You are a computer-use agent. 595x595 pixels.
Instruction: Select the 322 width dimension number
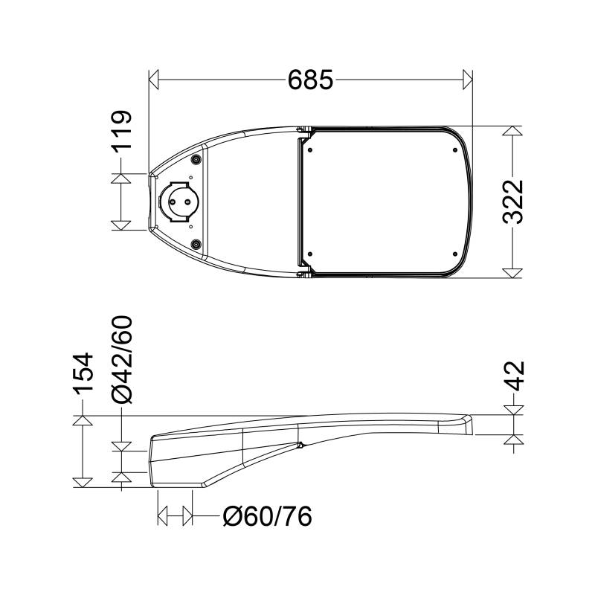[x=514, y=202]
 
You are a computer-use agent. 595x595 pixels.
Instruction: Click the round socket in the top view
[x=178, y=202]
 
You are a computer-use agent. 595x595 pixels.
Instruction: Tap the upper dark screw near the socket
[x=196, y=159]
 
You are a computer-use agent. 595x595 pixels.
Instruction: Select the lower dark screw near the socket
[x=196, y=245]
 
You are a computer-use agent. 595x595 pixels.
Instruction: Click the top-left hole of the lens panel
[x=310, y=148]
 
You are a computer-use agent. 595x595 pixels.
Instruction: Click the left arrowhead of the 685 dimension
[x=154, y=77]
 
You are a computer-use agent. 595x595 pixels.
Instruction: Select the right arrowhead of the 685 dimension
[x=468, y=77]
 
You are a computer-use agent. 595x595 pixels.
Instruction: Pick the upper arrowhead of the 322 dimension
[x=511, y=131]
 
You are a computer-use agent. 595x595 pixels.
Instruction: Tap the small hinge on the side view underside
[x=300, y=446]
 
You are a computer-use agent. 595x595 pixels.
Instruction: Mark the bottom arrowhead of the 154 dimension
[x=83, y=481]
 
